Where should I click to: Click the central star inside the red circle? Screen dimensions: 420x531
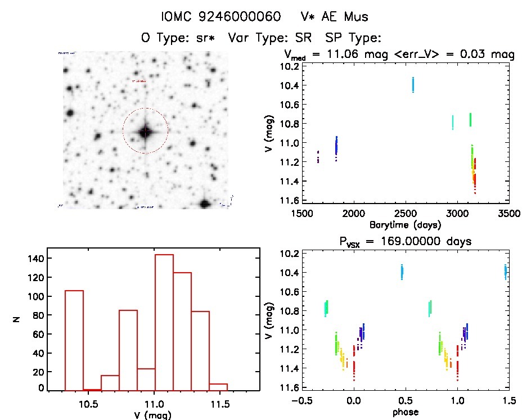[x=146, y=132]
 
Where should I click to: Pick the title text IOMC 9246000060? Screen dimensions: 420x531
[x=220, y=17]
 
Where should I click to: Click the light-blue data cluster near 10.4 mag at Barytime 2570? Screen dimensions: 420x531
[x=413, y=84]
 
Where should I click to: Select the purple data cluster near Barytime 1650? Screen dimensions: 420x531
[x=318, y=156]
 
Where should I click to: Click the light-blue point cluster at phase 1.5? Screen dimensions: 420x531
[x=506, y=272]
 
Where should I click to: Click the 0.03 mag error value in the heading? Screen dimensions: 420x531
[x=483, y=55]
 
